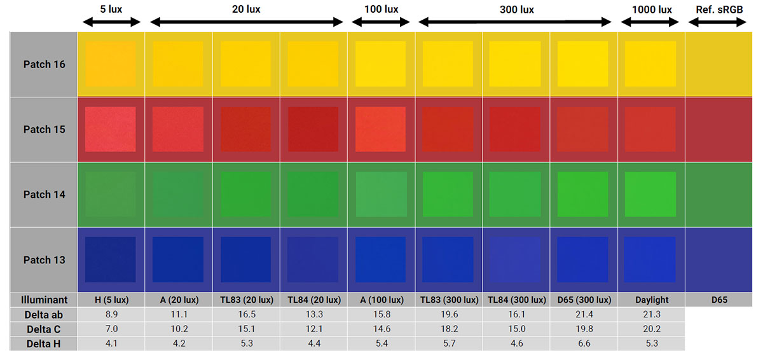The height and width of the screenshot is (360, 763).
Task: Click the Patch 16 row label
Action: coord(44,64)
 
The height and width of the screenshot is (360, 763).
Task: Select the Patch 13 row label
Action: coord(44,260)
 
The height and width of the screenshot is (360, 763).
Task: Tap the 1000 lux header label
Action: coord(652,10)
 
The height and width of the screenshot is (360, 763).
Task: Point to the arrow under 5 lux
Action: coord(111,22)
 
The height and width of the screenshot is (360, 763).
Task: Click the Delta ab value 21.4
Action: coord(584,314)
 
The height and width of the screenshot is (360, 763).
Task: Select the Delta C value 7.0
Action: coord(111,329)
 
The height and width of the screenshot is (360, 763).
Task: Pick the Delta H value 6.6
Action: coord(584,344)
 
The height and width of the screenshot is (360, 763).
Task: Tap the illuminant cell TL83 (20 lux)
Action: coord(246,300)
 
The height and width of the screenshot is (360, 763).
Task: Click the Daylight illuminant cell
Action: coord(651,300)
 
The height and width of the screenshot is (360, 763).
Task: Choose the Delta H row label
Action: coord(44,344)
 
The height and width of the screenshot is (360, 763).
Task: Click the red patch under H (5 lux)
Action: coord(111,129)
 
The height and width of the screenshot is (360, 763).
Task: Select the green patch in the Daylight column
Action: coord(651,194)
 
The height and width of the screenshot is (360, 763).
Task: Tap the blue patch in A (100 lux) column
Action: coord(381,260)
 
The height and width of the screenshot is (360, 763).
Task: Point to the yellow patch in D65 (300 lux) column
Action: coord(584,64)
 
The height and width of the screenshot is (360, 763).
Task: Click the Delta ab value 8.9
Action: coord(111,314)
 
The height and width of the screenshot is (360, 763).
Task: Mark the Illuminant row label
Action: coord(44,300)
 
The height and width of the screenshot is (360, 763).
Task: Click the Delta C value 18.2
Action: coord(448,329)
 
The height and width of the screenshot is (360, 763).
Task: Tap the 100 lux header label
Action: coord(381,10)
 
